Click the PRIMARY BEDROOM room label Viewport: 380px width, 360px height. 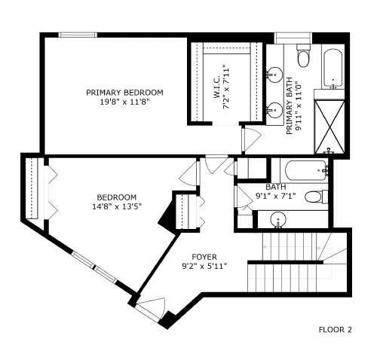point(124,93)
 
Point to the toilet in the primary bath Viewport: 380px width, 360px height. point(304,56)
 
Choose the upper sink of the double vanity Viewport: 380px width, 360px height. point(276,75)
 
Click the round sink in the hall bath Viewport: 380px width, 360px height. point(279,220)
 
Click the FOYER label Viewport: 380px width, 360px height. point(204,256)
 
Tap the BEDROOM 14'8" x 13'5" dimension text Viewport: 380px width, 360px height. point(118,206)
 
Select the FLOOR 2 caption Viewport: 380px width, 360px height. point(335,329)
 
